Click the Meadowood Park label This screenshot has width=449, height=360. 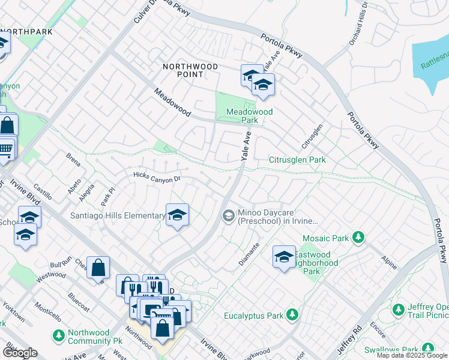250,116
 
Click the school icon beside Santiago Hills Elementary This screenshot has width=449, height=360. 177,215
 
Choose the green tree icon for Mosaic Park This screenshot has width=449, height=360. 358,238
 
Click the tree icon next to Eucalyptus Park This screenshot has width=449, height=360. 292,314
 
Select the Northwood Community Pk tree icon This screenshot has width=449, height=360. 58,334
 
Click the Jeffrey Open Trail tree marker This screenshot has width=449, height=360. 398,310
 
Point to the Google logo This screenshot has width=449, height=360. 20,353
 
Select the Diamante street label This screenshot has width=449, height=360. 250,254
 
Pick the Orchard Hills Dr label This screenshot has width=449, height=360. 363,24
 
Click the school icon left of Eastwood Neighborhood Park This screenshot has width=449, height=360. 284,257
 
